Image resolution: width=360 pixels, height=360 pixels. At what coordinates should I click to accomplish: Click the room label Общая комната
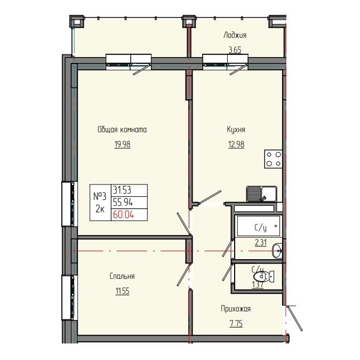(x=122, y=130)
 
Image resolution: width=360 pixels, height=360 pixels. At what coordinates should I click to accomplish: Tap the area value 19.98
(x=122, y=143)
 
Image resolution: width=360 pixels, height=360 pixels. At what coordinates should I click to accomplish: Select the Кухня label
(x=236, y=130)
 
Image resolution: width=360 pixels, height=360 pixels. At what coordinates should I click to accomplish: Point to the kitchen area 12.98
(x=236, y=143)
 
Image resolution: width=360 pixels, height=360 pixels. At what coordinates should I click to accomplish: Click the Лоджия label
(x=235, y=36)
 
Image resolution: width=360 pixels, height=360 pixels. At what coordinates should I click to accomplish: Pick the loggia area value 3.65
(x=235, y=50)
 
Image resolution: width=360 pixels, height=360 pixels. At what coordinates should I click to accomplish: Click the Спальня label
(x=122, y=276)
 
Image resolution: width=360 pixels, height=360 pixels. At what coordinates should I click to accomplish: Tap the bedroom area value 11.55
(x=122, y=291)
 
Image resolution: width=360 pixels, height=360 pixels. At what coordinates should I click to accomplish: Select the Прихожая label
(x=236, y=309)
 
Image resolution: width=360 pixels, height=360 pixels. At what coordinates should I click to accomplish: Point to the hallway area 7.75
(x=235, y=323)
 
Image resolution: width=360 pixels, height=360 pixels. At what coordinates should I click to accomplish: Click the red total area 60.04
(x=122, y=214)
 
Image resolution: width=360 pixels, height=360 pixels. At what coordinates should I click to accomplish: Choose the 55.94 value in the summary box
(x=122, y=202)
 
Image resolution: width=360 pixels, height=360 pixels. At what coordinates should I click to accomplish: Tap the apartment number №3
(x=100, y=196)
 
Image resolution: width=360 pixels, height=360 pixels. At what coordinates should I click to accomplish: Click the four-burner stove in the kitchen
(x=274, y=159)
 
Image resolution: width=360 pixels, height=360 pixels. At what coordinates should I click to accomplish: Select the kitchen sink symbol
(x=261, y=193)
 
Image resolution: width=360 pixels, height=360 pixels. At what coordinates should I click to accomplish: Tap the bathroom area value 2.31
(x=260, y=243)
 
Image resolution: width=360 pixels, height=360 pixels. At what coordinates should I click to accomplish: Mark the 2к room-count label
(x=100, y=209)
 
